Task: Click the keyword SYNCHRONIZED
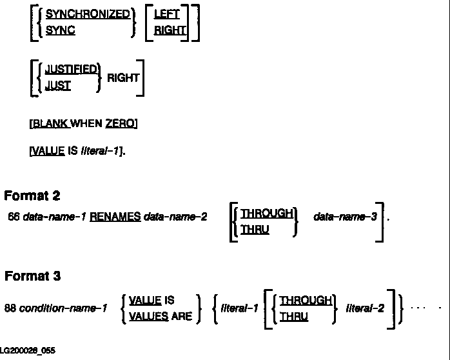tap(87, 14)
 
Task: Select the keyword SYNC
tap(60, 30)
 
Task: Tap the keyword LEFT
tap(167, 14)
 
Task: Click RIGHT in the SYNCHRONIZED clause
tap(170, 30)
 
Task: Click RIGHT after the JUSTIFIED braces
tap(123, 77)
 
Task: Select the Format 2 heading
tap(32, 195)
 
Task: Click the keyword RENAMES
tap(115, 217)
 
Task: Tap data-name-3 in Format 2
tap(345, 217)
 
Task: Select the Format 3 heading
tap(32, 276)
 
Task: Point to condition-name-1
tap(63, 308)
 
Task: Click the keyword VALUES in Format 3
tap(148, 317)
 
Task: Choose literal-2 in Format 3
tap(366, 308)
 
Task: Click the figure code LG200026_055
tap(27, 350)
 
